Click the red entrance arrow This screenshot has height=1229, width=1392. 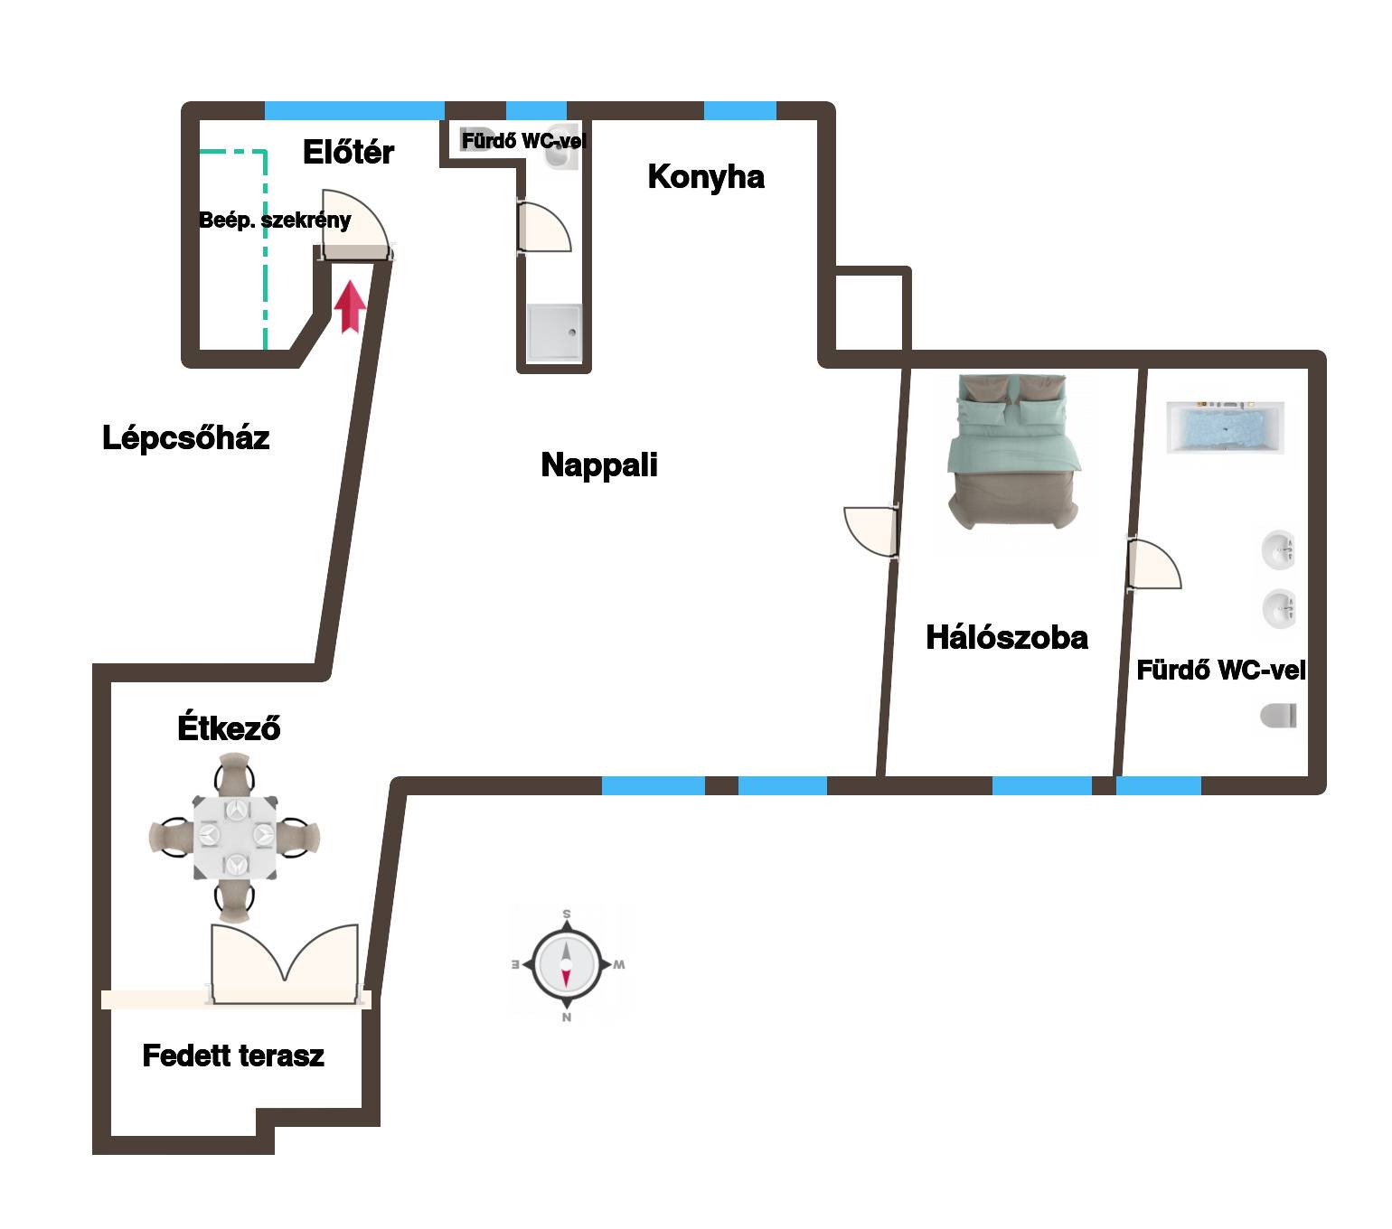pos(350,306)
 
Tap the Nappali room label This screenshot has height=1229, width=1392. pos(599,465)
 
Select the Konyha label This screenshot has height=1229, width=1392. pos(706,176)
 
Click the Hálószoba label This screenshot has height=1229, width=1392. pos(1007,637)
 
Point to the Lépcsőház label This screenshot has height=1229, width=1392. pos(185,437)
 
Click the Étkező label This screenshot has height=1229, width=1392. pos(229,727)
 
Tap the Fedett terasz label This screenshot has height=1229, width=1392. pos(233,1055)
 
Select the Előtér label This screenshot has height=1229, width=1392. pos(348,152)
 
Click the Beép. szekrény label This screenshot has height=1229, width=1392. pos(275,220)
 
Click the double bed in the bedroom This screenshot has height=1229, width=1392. pos(1012,452)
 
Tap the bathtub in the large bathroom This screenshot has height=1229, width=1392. pos(1225,427)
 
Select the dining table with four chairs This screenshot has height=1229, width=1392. pos(234,838)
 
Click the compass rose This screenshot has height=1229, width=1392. pos(566,964)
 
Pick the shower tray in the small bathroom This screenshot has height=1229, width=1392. pos(554,333)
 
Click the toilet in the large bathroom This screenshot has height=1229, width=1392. pos(1279,716)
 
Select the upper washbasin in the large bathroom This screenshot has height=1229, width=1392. pos(1279,550)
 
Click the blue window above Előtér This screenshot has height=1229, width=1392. pos(354,110)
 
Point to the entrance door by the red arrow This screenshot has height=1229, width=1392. pos(355,225)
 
